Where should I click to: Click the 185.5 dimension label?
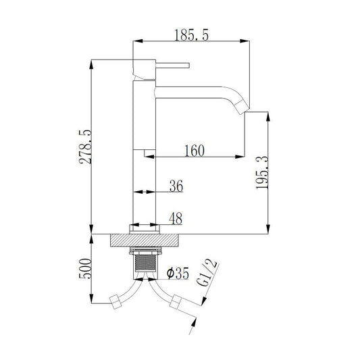[x=191, y=35]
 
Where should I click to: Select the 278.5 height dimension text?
[x=85, y=147]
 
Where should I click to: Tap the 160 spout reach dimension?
[x=195, y=151]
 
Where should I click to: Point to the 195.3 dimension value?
[x=262, y=173]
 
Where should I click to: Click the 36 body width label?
[x=176, y=186]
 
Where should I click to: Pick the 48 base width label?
[x=176, y=218]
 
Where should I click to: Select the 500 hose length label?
[x=85, y=268]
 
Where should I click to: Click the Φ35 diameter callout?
[x=178, y=273]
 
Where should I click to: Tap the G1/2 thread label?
[x=207, y=273]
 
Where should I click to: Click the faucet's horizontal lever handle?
[x=173, y=66]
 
